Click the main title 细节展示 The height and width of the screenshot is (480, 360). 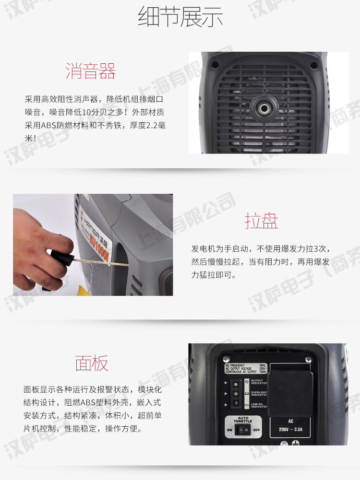(180, 17)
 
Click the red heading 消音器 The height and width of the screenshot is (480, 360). (91, 71)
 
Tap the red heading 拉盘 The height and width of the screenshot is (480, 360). (261, 221)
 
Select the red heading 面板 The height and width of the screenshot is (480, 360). (91, 363)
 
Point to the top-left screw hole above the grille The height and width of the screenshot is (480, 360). (215, 63)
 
